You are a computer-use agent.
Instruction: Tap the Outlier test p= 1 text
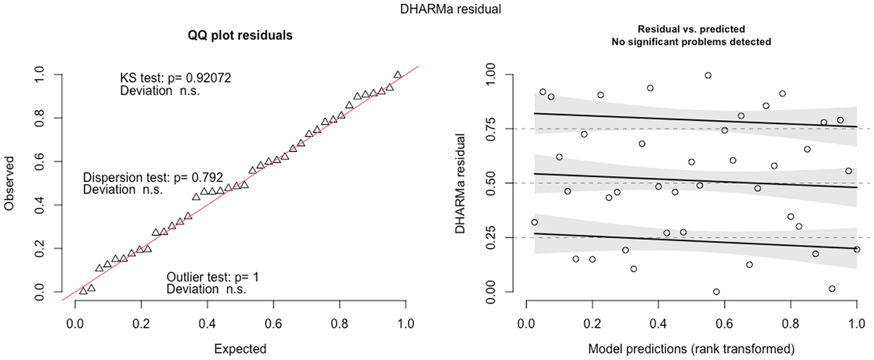click(212, 277)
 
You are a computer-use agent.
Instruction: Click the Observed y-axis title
click(9, 183)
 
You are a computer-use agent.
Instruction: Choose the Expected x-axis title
click(240, 349)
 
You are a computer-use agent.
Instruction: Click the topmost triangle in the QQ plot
click(397, 75)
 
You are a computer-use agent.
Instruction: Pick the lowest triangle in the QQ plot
click(83, 291)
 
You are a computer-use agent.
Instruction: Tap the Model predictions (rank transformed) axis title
click(691, 349)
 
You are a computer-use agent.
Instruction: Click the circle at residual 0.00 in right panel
click(716, 292)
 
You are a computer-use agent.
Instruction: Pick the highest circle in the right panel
click(708, 75)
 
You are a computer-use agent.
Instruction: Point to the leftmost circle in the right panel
click(534, 222)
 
